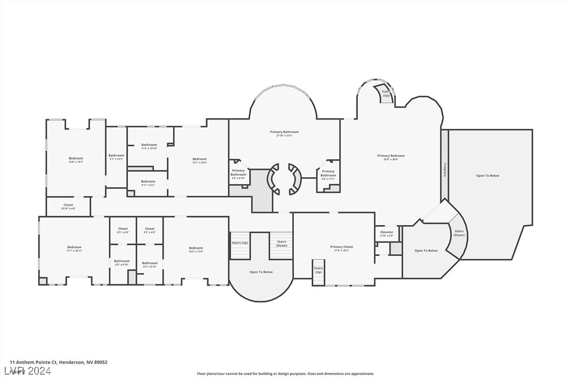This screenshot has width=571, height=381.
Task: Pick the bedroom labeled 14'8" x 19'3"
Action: pyautogui.click(x=76, y=159)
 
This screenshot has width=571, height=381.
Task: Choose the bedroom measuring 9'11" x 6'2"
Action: pyautogui.click(x=148, y=183)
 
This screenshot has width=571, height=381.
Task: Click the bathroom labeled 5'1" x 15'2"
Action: pyautogui.click(x=116, y=157)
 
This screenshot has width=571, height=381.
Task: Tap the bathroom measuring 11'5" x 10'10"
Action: pyautogui.click(x=149, y=146)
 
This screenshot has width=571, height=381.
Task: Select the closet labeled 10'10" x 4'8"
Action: pyautogui.click(x=68, y=206)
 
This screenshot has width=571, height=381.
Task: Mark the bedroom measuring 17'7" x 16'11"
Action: pyautogui.click(x=74, y=248)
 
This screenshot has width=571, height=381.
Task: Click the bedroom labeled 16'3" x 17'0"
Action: pyautogui.click(x=196, y=249)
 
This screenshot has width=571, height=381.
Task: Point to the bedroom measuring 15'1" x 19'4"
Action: pyautogui.click(x=199, y=161)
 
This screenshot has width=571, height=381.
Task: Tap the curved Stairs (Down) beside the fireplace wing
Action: pyautogui.click(x=459, y=233)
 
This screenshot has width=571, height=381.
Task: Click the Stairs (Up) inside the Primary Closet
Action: pyautogui.click(x=319, y=270)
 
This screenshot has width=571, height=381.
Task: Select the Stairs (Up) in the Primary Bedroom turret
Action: pyautogui.click(x=386, y=93)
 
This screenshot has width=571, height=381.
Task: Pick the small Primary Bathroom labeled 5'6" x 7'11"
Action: pyautogui.click(x=328, y=174)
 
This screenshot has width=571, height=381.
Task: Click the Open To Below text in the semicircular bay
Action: pyautogui.click(x=261, y=272)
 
